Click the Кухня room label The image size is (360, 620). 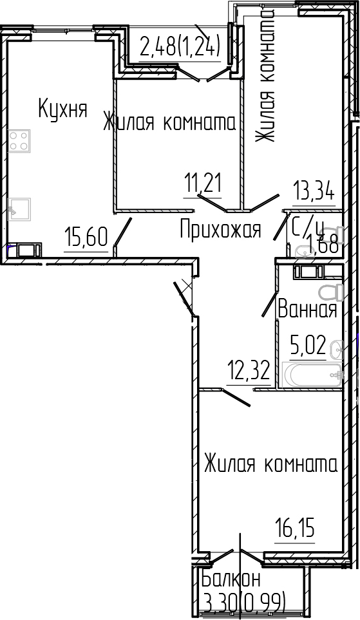pyautogui.click(x=62, y=109)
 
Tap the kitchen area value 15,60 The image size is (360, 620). pyautogui.click(x=86, y=238)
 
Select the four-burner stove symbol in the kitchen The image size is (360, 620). pyautogui.click(x=20, y=140)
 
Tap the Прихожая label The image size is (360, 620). pyautogui.click(x=220, y=229)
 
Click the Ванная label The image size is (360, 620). pyautogui.click(x=307, y=310)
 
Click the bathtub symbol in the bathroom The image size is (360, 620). pyautogui.click(x=309, y=374)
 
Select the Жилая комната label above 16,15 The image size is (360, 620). pyautogui.click(x=270, y=464)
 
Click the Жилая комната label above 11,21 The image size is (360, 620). pyautogui.click(x=169, y=122)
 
